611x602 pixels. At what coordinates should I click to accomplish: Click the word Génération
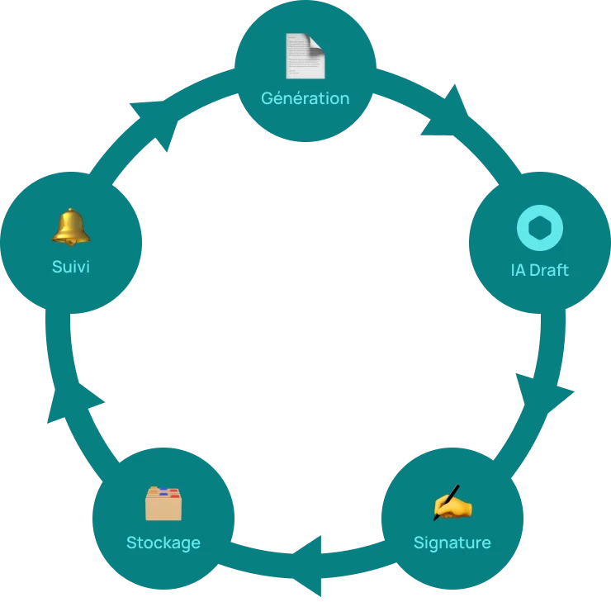point(305,98)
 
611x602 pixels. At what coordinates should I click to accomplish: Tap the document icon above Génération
point(305,56)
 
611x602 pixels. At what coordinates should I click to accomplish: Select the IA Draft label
point(539,270)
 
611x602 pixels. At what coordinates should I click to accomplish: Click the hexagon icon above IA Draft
point(539,228)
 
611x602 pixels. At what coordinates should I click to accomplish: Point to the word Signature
point(452,543)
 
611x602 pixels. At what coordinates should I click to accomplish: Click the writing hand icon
point(452,503)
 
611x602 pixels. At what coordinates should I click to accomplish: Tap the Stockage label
point(163,543)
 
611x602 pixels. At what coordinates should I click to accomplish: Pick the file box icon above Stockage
point(163,503)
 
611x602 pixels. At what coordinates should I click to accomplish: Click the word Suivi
point(70,267)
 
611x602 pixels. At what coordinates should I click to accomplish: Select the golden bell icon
point(70,226)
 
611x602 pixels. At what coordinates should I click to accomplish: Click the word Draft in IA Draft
point(549,270)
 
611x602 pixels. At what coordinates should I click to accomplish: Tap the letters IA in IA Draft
point(518,270)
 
